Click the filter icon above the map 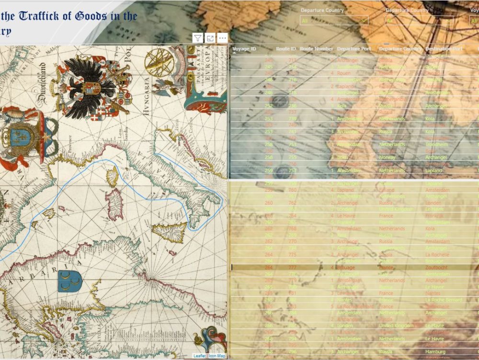pyautogui.click(x=198, y=38)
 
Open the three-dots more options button pyautogui.click(x=222, y=38)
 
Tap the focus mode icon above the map pyautogui.click(x=210, y=38)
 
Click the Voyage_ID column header pyautogui.click(x=244, y=49)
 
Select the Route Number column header pyautogui.click(x=316, y=49)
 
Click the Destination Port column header pyautogui.click(x=444, y=49)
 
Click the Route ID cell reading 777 pyautogui.click(x=292, y=267)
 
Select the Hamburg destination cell pyautogui.click(x=435, y=351)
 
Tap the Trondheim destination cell pyautogui.click(x=437, y=144)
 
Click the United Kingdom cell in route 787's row pyautogui.click(x=396, y=325)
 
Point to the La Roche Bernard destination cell pyautogui.click(x=444, y=300)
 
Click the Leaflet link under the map pyautogui.click(x=199, y=356)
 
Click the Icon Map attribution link pyautogui.click(x=217, y=356)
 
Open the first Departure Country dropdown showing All pyautogui.click(x=334, y=21)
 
